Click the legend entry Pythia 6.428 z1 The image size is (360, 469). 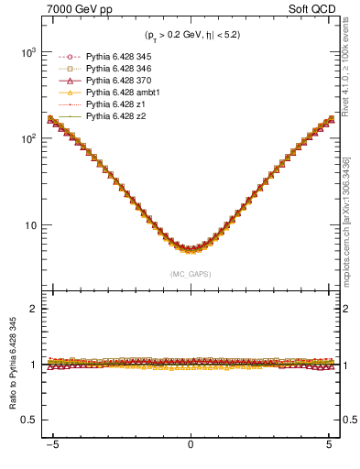pyautogui.click(x=113, y=104)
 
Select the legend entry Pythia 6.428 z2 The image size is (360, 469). pyautogui.click(x=113, y=116)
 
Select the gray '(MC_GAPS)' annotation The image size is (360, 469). pyautogui.click(x=190, y=273)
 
